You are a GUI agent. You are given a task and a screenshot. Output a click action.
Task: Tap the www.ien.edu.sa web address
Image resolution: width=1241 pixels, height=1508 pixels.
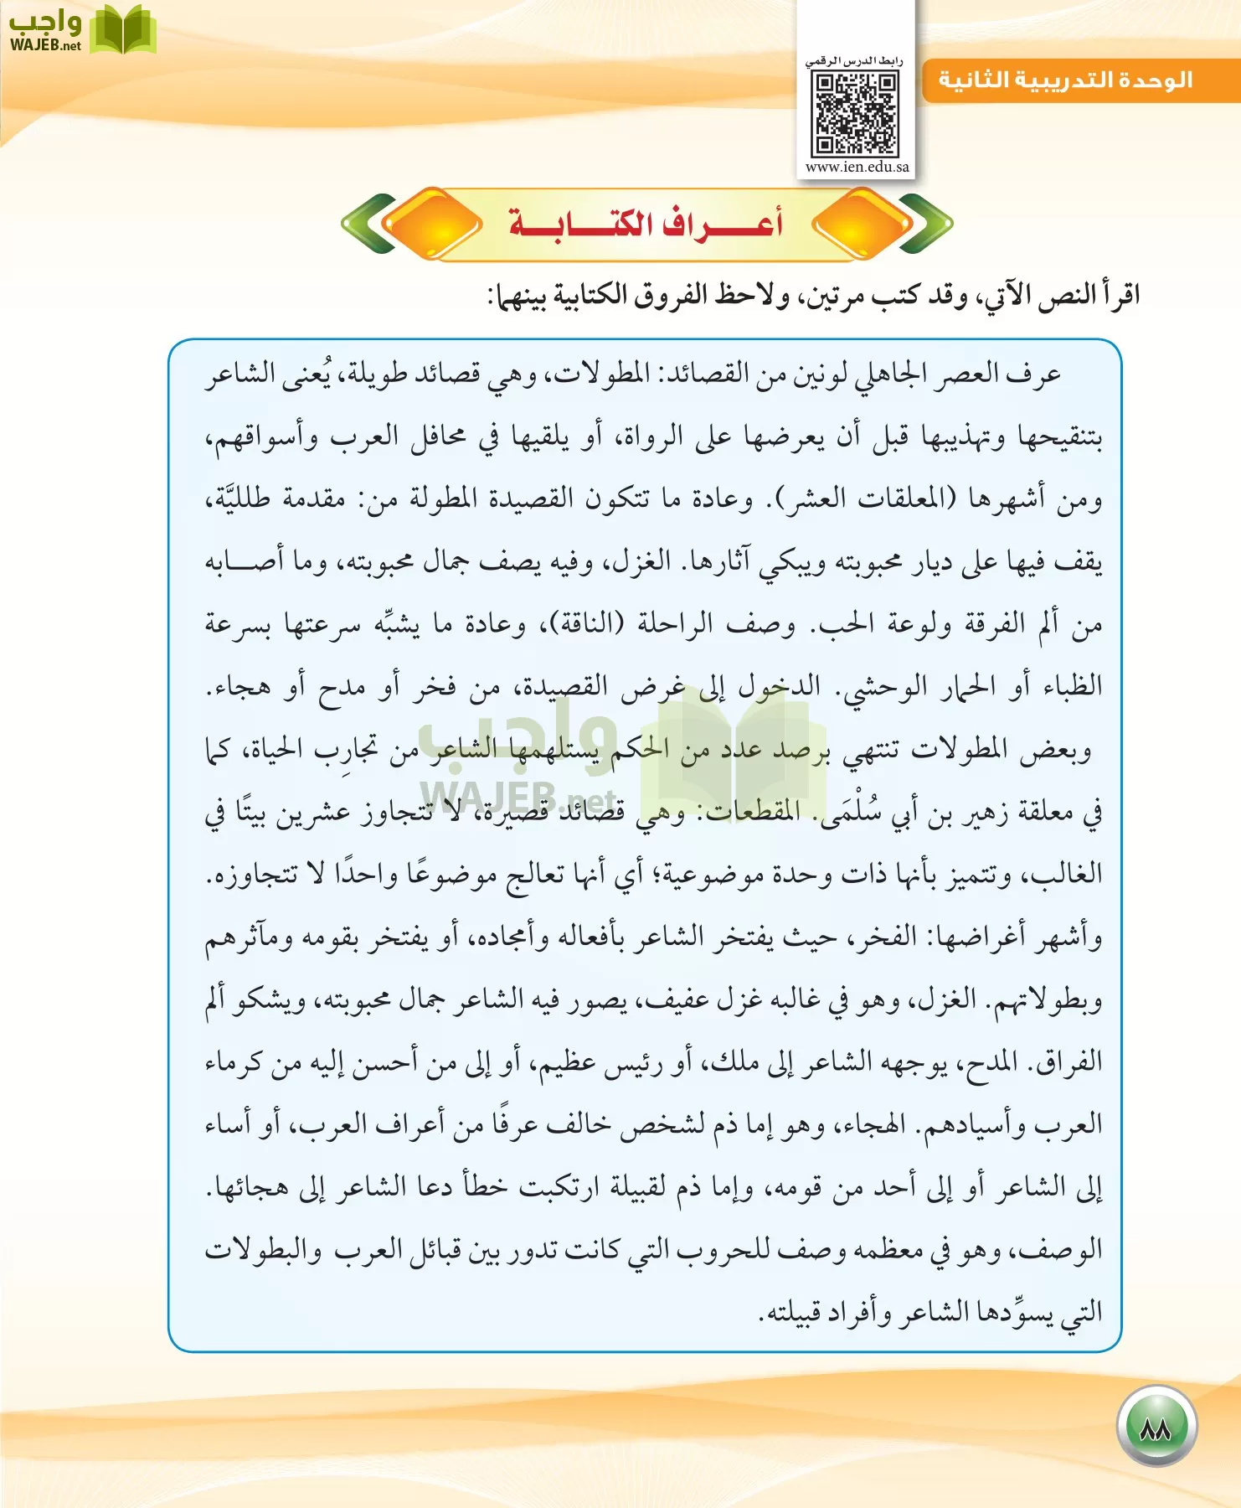tap(857, 167)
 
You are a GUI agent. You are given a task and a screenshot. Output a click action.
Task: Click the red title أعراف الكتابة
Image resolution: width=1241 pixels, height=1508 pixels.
tap(646, 224)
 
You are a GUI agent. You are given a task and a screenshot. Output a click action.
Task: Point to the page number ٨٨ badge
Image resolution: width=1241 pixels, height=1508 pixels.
tap(1156, 1426)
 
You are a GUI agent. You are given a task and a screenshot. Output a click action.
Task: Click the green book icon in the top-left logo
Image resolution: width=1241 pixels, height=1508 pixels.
tap(123, 30)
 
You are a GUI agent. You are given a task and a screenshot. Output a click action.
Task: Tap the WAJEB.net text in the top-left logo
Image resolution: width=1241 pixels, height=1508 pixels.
tap(45, 46)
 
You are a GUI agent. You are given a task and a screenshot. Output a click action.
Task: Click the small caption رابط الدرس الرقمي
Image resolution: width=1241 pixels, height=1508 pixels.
tap(854, 61)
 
